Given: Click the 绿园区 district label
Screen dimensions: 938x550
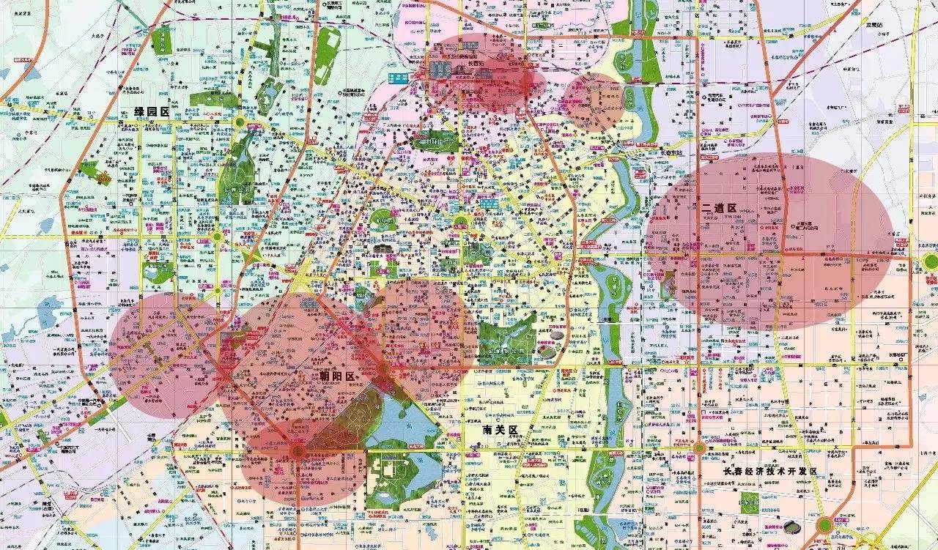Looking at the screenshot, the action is pos(152,112).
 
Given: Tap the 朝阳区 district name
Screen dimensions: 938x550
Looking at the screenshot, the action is pos(337,376).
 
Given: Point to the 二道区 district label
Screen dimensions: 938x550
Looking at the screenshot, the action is pos(718,209).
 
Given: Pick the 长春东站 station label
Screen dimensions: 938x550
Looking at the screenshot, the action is pos(671,152).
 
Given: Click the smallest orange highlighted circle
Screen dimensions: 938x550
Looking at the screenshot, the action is pos(594,101).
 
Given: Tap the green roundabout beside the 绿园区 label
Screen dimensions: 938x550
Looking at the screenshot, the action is pos(240,122).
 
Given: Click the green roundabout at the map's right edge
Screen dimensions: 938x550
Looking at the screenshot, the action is pos(931,261).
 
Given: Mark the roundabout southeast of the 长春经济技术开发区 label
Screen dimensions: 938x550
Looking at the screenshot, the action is pos(825,524).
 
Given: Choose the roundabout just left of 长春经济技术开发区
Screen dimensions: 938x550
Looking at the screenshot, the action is pos(700,447).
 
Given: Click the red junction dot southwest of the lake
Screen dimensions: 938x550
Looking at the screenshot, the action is pos(297,452).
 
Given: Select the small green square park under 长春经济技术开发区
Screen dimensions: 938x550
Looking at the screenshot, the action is pos(749,502).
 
